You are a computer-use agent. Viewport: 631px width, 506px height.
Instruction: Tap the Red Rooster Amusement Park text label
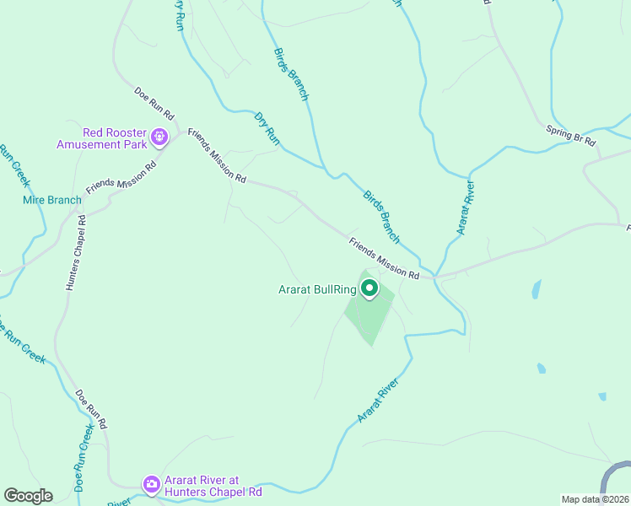pos(102,138)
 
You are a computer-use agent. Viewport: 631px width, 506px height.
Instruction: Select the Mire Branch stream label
pos(51,201)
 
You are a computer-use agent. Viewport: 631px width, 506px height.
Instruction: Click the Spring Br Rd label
pos(571,132)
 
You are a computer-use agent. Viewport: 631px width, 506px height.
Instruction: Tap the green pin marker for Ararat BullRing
pos(369,289)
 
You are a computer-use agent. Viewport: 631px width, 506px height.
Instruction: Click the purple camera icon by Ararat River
pos(152,483)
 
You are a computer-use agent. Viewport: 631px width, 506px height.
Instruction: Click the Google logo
pos(28,496)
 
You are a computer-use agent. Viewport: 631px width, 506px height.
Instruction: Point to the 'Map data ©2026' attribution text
pos(594,498)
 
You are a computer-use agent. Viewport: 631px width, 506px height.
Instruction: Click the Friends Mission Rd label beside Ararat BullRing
pos(384,258)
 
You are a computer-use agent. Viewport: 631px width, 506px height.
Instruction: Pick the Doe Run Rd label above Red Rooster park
pos(154,103)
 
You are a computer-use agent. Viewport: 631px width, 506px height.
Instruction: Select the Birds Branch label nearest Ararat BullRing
pos(381,215)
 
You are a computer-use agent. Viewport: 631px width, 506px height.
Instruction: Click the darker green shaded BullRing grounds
pos(368,317)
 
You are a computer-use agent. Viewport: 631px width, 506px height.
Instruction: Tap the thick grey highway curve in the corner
pos(613,477)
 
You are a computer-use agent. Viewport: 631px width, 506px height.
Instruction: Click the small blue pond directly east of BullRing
pos(536,290)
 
